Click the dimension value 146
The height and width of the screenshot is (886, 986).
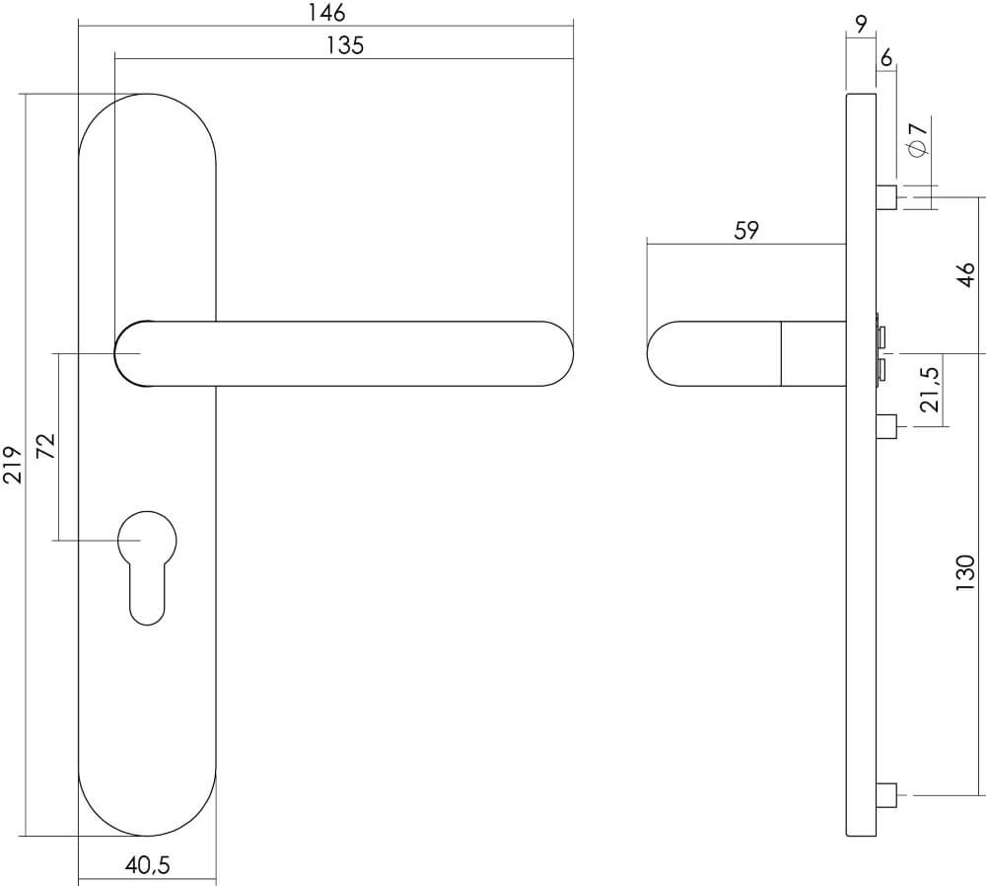325,13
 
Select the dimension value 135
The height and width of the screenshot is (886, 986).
344,46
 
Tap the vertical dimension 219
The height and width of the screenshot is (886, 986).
13,463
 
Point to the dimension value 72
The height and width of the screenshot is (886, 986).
44,447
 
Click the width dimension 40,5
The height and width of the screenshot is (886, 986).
147,866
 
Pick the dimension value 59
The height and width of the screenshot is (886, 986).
746,231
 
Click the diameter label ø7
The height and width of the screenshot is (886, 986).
916,138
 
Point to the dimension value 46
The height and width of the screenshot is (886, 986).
965,273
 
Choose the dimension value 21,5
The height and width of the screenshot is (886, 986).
930,390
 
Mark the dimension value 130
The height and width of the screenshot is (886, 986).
965,572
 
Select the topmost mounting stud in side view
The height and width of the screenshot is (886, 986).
885,197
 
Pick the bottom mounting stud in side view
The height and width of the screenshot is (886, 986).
885,794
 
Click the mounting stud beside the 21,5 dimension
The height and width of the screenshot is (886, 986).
885,427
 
